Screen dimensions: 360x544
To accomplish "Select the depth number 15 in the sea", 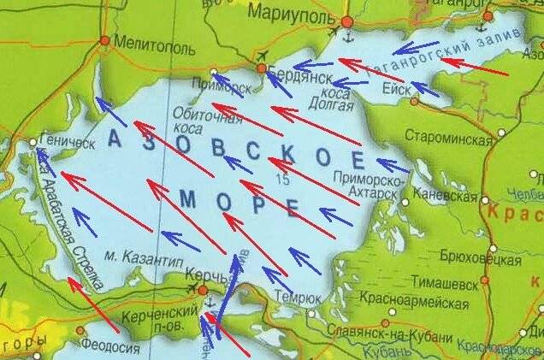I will (x=283, y=179).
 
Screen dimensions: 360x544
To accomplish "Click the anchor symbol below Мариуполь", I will (x=347, y=37).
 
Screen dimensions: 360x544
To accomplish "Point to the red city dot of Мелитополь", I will (x=105, y=39).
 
